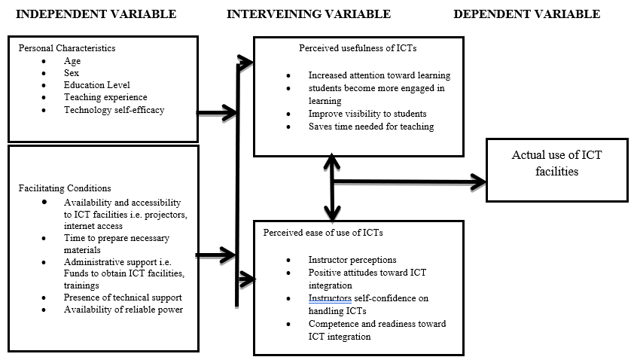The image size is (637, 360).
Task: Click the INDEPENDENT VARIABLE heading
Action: click(96, 14)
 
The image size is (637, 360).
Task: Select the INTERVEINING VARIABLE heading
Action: click(309, 14)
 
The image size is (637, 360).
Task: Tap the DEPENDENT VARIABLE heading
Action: click(527, 14)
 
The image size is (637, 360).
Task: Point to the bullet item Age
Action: click(72, 61)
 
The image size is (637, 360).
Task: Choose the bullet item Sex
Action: click(72, 73)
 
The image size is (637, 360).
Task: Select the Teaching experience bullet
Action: click(105, 97)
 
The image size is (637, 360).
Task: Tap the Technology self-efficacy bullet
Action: click(114, 110)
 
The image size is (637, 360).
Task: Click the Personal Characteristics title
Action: click(67, 47)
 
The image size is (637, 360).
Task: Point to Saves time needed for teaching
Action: click(370, 127)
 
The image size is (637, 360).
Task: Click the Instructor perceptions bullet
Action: click(347, 259)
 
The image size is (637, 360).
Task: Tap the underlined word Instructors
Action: click(329, 298)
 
